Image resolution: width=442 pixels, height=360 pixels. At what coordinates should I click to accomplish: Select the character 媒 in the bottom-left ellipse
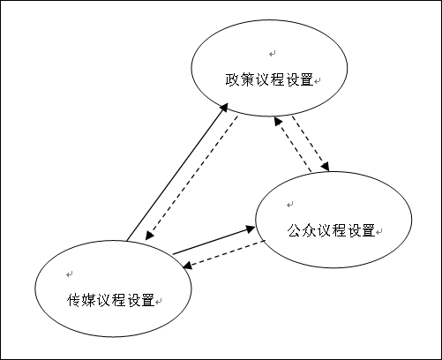coord(87,298)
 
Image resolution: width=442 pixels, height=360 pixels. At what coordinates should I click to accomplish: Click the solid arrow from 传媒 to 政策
coord(176,172)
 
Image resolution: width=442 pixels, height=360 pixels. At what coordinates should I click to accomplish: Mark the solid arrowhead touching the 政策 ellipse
coord(224,107)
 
